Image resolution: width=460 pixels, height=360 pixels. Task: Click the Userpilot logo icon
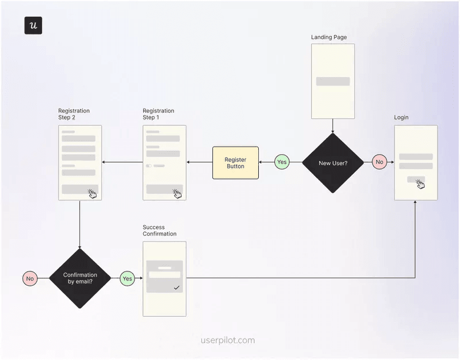pyautogui.click(x=33, y=26)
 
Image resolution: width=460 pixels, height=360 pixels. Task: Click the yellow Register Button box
pyautogui.click(x=235, y=163)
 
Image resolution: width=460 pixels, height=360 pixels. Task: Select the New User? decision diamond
pyautogui.click(x=333, y=163)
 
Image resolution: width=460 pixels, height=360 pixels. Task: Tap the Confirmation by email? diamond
pyautogui.click(x=80, y=278)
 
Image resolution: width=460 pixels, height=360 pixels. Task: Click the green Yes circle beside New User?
pyautogui.click(x=282, y=162)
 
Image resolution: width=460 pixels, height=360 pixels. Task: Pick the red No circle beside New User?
pyautogui.click(x=379, y=162)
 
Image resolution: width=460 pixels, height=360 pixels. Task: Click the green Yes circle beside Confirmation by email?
pyautogui.click(x=127, y=278)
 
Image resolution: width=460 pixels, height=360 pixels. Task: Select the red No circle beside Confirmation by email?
pyautogui.click(x=30, y=278)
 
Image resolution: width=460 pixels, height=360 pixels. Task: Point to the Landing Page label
pyautogui.click(x=329, y=37)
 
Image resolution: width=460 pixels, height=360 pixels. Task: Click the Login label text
pyautogui.click(x=401, y=117)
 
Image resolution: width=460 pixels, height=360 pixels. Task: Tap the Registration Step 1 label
pyautogui.click(x=158, y=114)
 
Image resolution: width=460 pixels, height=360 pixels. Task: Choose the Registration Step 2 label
pyautogui.click(x=74, y=114)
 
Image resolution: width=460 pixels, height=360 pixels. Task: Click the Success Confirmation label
pyautogui.click(x=159, y=230)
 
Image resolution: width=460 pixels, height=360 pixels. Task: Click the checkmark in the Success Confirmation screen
pyautogui.click(x=177, y=287)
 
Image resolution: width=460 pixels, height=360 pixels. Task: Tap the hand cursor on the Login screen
pyautogui.click(x=420, y=183)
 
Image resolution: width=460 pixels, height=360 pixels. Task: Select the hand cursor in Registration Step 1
pyautogui.click(x=177, y=194)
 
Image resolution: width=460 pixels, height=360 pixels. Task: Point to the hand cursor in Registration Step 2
pyautogui.click(x=92, y=194)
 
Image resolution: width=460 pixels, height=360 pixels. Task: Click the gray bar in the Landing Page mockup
pyautogui.click(x=333, y=81)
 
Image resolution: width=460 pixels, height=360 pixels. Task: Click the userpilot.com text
pyautogui.click(x=228, y=340)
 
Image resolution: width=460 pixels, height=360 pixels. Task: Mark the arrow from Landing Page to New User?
pyautogui.click(x=333, y=125)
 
